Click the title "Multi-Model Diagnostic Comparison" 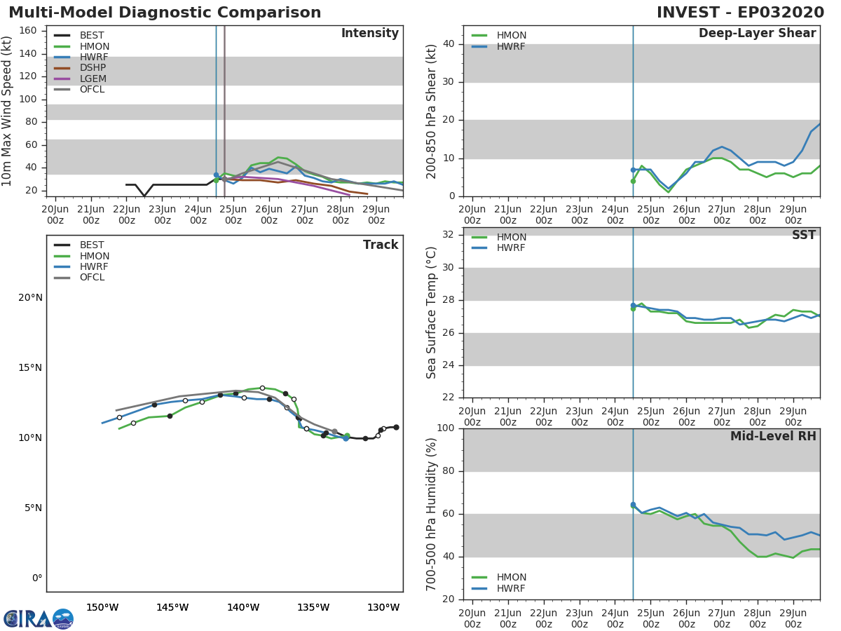[x=165, y=13]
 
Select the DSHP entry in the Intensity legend [x=93, y=68]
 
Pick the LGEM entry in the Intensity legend [x=93, y=79]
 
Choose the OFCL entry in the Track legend [x=92, y=278]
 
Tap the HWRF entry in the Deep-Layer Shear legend [x=511, y=46]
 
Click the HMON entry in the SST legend [x=511, y=238]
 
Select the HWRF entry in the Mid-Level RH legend [x=511, y=588]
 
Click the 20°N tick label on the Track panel [x=30, y=298]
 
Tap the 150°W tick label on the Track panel [x=102, y=607]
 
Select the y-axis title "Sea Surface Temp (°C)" [x=432, y=313]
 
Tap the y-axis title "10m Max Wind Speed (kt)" [x=8, y=111]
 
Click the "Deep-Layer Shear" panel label [x=757, y=34]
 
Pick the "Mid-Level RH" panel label [x=772, y=437]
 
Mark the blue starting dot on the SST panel [x=633, y=306]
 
